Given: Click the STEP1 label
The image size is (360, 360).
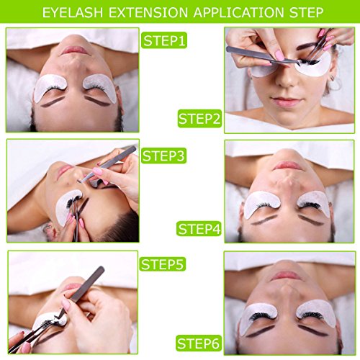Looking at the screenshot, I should pyautogui.click(x=164, y=40).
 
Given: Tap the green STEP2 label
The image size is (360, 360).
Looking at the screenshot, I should pyautogui.click(x=199, y=118).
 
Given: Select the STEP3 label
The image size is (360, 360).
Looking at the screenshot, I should pyautogui.click(x=164, y=154).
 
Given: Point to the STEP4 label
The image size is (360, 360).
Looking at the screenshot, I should pyautogui.click(x=199, y=229).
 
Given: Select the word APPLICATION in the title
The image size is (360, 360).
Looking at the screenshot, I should pyautogui.click(x=241, y=12).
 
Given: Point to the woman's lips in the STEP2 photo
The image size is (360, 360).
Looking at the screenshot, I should pyautogui.click(x=289, y=109).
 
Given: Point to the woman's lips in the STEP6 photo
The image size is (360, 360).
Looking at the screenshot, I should pyautogui.click(x=288, y=275).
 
